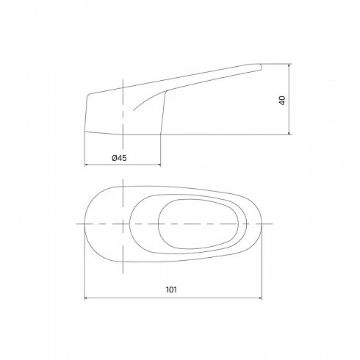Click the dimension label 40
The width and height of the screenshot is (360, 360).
tap(282, 101)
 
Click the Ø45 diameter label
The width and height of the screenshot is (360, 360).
tap(119, 158)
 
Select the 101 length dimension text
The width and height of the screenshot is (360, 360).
tap(171, 289)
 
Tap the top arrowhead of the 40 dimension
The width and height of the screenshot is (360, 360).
tap(289, 65)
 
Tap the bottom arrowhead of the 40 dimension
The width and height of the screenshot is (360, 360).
tap(289, 133)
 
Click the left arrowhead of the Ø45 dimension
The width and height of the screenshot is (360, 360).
tap(87, 165)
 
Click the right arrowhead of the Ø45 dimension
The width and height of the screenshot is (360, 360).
tap(159, 165)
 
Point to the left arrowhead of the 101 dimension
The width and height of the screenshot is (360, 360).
tap(87, 298)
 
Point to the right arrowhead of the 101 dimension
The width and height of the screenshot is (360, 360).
tap(260, 298)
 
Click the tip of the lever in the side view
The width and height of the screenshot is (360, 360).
tap(261, 67)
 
